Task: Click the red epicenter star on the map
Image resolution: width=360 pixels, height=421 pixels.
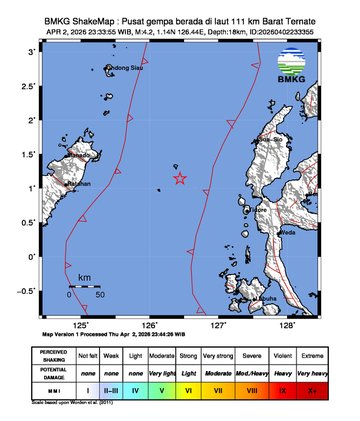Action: tap(180, 179)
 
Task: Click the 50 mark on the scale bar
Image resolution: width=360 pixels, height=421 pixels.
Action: tap(100, 296)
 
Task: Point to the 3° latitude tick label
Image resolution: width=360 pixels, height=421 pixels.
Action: tap(33, 51)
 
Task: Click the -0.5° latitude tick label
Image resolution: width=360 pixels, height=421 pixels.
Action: tap(29, 290)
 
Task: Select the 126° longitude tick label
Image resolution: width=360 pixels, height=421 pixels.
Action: tap(151, 325)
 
